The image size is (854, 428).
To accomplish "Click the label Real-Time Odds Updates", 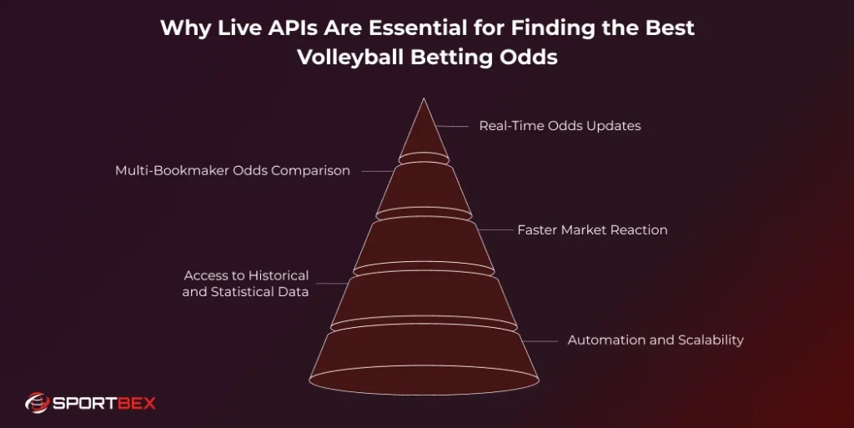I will click(x=560, y=126).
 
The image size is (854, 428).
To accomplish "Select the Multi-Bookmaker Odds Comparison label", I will click(x=232, y=170).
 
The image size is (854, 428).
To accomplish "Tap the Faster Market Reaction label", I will click(x=592, y=229).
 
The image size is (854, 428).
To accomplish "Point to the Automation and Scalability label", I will click(x=656, y=340).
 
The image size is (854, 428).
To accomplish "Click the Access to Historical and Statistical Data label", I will click(x=246, y=284).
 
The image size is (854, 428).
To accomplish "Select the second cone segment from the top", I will click(x=424, y=190).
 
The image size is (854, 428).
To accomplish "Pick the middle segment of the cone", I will click(x=424, y=246).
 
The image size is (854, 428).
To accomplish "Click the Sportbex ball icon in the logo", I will click(x=37, y=404).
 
